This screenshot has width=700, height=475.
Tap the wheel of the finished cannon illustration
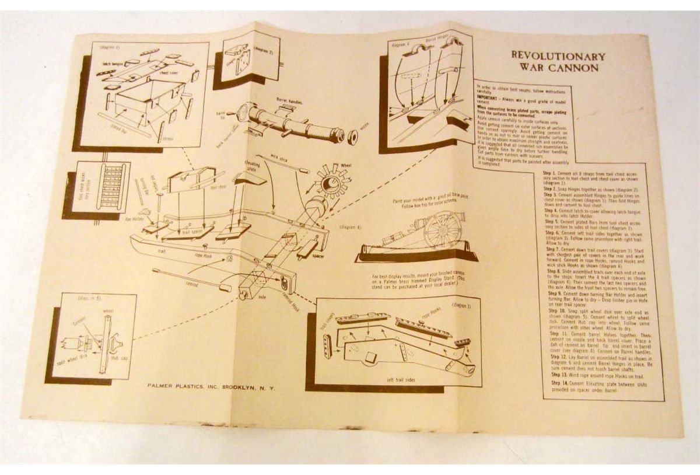442,228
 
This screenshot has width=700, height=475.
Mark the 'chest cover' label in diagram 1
171,74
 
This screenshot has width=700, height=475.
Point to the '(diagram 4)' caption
352,226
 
